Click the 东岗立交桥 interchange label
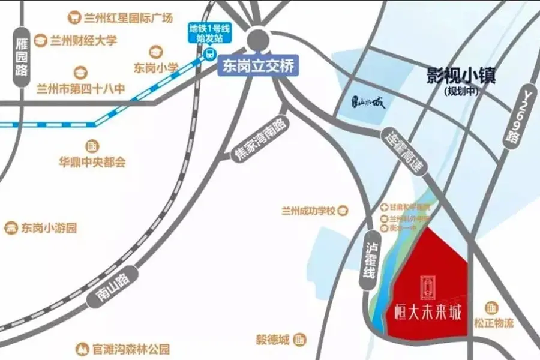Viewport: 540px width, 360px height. [x=258, y=65]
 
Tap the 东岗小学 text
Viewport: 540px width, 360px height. [x=156, y=68]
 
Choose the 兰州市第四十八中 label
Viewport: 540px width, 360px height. [x=81, y=89]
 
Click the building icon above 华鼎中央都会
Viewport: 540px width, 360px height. [x=91, y=146]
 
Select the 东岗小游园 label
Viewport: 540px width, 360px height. [x=49, y=228]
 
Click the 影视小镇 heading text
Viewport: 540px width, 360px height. [x=461, y=76]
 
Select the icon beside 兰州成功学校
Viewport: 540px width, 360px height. [x=343, y=211]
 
